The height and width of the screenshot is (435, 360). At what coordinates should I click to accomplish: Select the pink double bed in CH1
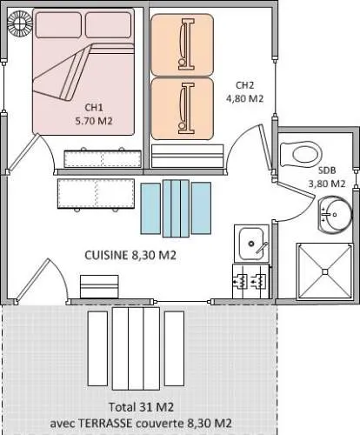click(84, 70)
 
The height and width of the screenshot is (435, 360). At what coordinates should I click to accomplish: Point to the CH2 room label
click(244, 84)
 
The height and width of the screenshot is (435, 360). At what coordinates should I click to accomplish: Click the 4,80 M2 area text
click(244, 98)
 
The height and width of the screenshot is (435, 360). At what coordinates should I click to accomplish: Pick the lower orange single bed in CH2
click(182, 108)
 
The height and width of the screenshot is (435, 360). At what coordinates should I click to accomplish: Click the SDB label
click(327, 170)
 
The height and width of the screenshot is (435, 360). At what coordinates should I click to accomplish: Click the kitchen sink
click(251, 243)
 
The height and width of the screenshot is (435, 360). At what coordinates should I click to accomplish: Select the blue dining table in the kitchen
click(177, 208)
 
